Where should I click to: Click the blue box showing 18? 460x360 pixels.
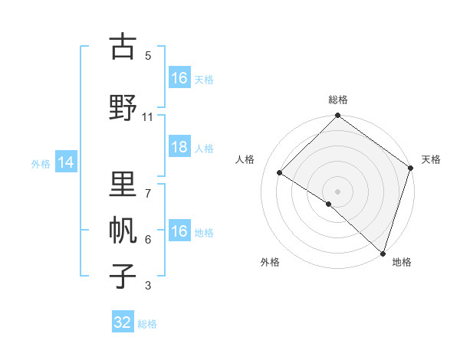coord(179,148)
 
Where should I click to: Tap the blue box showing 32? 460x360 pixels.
coord(123,322)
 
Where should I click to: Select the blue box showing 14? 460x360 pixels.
coord(66,162)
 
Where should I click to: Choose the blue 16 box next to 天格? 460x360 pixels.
coord(179,78)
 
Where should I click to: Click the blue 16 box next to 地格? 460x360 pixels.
coord(179,231)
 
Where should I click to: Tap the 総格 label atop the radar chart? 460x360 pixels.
coord(337,100)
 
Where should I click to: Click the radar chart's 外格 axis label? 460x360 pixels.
coord(270,263)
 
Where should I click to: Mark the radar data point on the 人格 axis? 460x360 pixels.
coord(280,173)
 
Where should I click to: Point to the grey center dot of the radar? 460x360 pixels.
coord(337,191)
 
